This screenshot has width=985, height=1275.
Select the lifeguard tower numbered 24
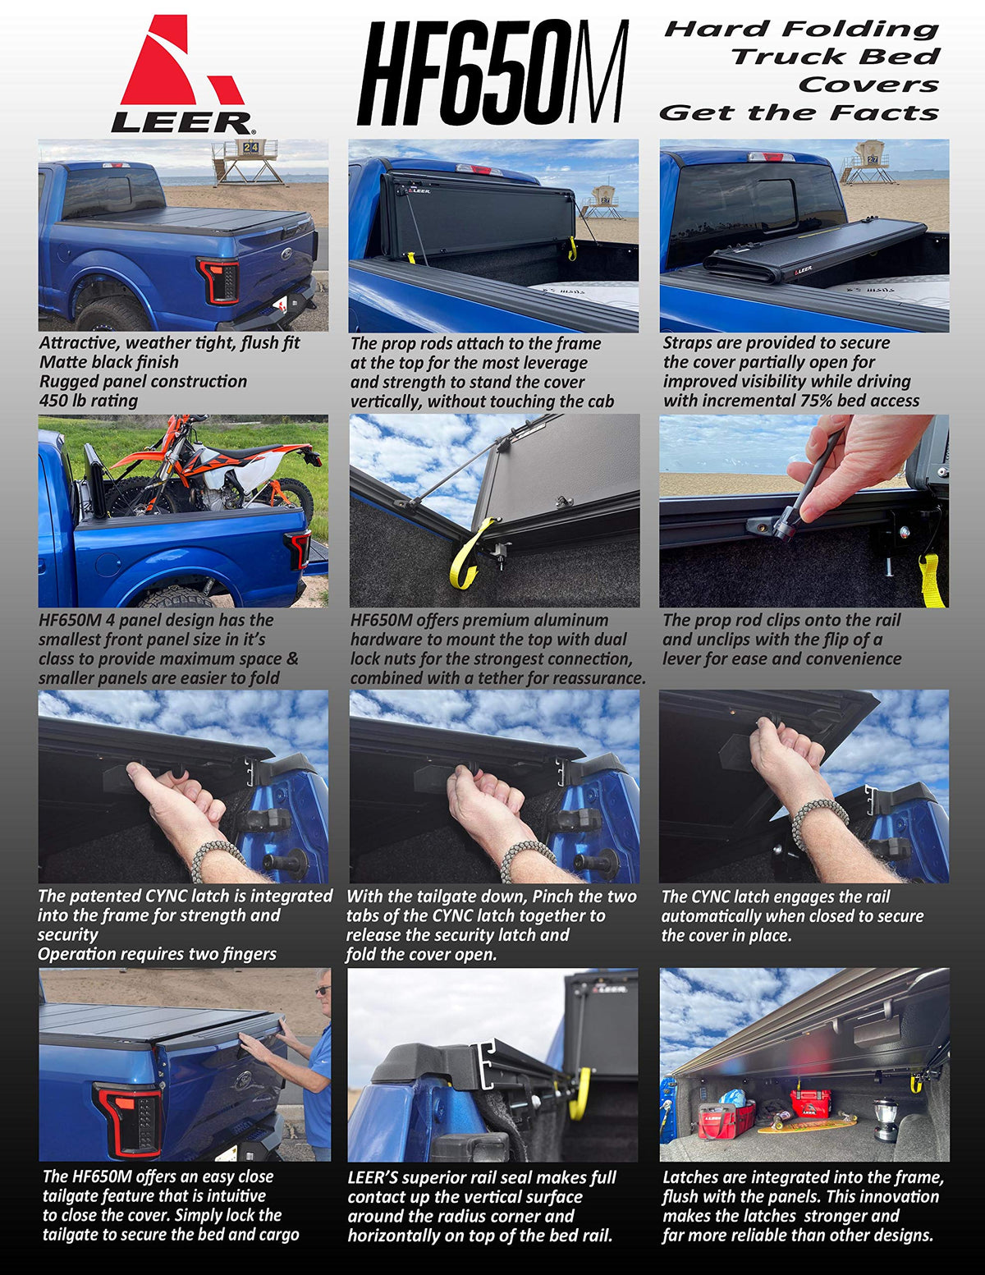(x=248, y=162)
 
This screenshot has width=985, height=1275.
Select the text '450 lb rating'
(x=89, y=401)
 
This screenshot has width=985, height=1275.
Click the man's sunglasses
(x=323, y=990)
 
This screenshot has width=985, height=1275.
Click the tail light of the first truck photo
(x=219, y=281)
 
